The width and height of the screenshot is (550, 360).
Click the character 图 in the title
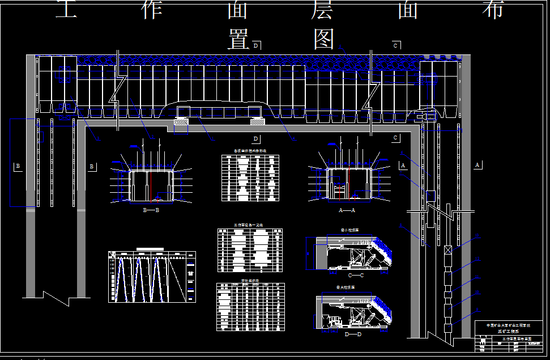coord(324,39)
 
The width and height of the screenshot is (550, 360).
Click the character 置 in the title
coord(239,39)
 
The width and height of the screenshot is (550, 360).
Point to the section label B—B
coord(151,210)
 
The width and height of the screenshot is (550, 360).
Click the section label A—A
coord(346,210)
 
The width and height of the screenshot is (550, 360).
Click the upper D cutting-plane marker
coord(255,45)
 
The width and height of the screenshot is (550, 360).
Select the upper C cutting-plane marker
coord(396,45)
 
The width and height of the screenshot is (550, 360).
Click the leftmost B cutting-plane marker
coord(18,166)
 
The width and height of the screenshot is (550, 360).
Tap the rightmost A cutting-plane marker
coord(477,164)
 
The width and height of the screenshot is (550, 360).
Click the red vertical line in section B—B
coord(151,184)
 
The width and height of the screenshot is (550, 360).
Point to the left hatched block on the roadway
coord(181,121)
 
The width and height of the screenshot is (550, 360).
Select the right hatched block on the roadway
coord(257,121)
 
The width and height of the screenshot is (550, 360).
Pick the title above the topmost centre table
coord(250,151)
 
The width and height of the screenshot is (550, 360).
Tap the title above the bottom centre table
coord(250,280)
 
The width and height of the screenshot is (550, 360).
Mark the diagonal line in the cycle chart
coord(178,278)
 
